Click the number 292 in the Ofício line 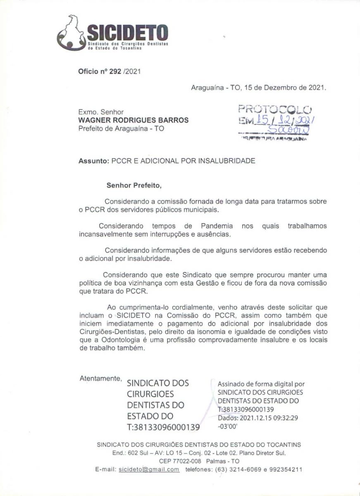(114, 71)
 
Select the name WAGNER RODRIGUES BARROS (134, 120)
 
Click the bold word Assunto (93, 161)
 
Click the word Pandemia (217, 226)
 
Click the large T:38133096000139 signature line (163, 427)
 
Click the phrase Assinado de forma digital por (261, 384)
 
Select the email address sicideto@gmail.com (149, 470)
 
